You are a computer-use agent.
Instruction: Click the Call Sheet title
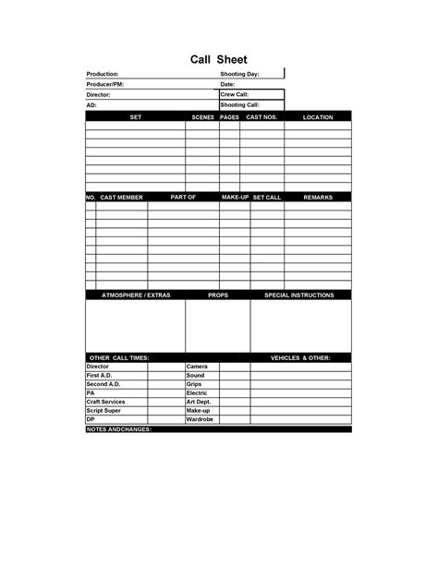(219, 59)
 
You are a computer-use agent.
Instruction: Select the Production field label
(103, 74)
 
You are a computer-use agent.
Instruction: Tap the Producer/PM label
(104, 84)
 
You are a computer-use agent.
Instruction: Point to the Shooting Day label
(240, 74)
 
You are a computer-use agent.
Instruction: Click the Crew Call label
(235, 94)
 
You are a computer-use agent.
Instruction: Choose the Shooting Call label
(239, 105)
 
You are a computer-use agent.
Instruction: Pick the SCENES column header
(202, 117)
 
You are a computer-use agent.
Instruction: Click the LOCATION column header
(318, 117)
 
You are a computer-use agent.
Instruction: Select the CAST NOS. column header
(262, 117)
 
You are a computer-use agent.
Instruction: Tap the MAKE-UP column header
(235, 198)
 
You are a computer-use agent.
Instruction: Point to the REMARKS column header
(318, 198)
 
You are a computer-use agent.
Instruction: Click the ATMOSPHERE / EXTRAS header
(135, 295)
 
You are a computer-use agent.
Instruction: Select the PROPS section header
(218, 295)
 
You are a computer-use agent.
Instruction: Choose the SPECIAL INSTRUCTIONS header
(299, 295)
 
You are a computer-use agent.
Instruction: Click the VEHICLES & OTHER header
(299, 357)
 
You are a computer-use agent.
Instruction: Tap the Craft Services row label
(105, 402)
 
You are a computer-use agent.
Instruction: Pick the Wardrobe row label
(200, 419)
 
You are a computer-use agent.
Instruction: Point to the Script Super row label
(103, 411)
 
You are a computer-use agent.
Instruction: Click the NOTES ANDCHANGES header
(119, 429)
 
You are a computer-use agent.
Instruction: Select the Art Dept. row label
(199, 402)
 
